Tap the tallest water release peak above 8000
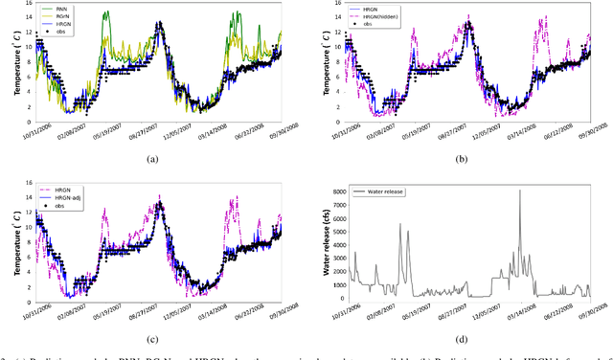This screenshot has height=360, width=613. [520, 190]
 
